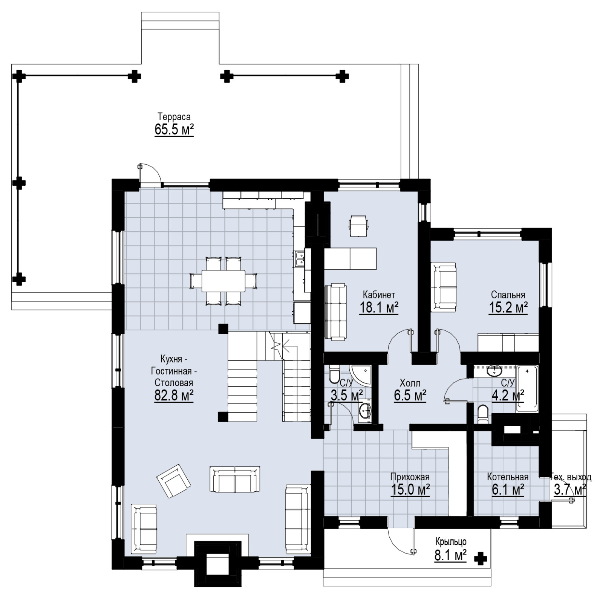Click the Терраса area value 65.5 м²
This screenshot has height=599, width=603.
(x=174, y=130)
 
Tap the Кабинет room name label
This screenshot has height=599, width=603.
(x=379, y=294)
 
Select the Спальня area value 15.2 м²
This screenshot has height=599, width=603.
(x=508, y=308)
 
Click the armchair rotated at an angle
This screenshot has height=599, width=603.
(x=174, y=481)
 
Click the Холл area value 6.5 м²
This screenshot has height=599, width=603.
(x=410, y=396)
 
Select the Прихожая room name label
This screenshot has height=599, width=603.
(x=410, y=477)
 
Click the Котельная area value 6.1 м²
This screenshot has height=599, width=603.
(x=508, y=490)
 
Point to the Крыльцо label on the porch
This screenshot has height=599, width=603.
(x=451, y=542)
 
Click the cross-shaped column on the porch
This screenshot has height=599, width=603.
(x=480, y=559)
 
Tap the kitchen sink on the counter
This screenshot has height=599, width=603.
(x=299, y=259)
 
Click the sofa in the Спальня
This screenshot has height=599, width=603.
(x=443, y=287)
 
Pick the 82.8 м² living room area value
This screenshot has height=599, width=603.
(x=174, y=396)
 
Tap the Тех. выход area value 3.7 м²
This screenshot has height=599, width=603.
(x=569, y=490)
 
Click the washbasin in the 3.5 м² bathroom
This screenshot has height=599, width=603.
(x=364, y=411)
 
